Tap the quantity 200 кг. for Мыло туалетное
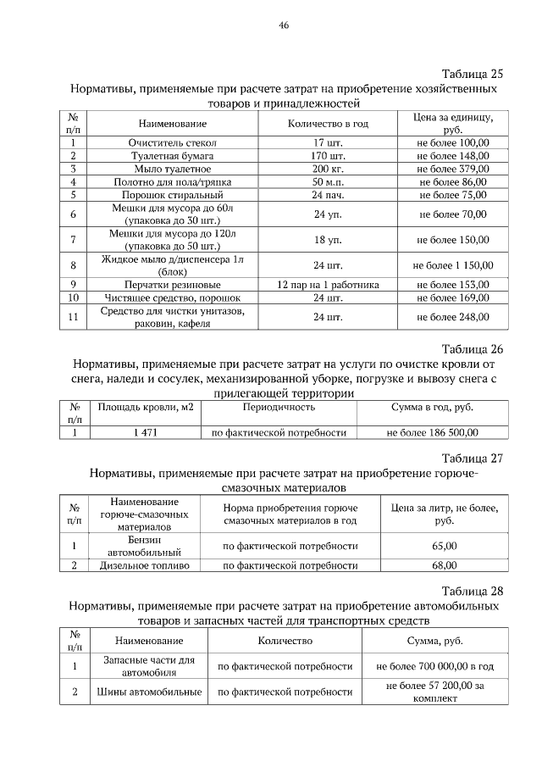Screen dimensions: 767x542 coord(328,169)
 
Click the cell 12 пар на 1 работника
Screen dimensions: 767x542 coord(328,285)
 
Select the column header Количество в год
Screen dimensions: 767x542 coord(328,123)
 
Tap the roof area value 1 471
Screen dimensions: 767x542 coord(146,432)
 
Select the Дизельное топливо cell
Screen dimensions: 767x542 coord(145,564)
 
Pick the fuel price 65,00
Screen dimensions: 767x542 coord(445,546)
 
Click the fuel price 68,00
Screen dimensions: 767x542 coord(445,564)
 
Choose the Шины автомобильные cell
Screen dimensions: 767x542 coord(149,692)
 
